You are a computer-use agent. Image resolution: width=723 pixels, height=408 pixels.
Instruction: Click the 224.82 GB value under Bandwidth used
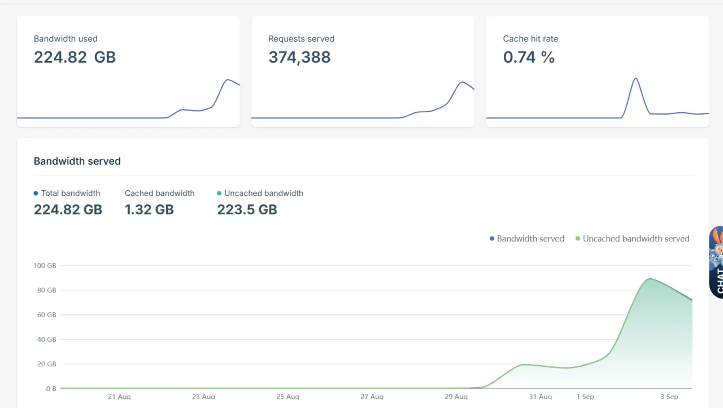pyautogui.click(x=75, y=57)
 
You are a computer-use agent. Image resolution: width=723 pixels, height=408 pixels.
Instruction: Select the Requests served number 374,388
pyautogui.click(x=299, y=58)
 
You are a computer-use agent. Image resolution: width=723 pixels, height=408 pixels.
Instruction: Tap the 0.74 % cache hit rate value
pyautogui.click(x=529, y=57)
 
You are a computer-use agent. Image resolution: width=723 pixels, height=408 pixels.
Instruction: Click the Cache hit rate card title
pyautogui.click(x=530, y=39)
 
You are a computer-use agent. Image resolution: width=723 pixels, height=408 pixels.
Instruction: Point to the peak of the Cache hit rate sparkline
pyautogui.click(x=635, y=78)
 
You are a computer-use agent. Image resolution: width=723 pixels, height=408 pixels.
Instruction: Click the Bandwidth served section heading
pyautogui.click(x=77, y=161)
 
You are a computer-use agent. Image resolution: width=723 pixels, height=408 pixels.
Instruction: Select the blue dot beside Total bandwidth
pyautogui.click(x=36, y=193)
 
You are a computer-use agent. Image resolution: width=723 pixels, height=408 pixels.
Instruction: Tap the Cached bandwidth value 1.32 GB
pyautogui.click(x=149, y=210)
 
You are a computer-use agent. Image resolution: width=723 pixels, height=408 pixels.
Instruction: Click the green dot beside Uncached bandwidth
pyautogui.click(x=219, y=193)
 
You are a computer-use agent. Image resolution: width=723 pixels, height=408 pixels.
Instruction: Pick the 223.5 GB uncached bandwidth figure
pyautogui.click(x=247, y=210)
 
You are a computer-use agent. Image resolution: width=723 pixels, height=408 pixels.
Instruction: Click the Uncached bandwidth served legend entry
pyautogui.click(x=632, y=239)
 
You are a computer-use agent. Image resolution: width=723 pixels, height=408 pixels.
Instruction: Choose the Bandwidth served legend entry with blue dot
pyautogui.click(x=527, y=239)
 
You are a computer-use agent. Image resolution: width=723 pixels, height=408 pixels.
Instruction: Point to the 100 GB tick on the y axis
pyautogui.click(x=45, y=265)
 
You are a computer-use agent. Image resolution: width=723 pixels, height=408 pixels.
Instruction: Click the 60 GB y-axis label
pyautogui.click(x=47, y=315)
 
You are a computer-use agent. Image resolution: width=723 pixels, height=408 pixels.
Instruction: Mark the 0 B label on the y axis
pyautogui.click(x=51, y=389)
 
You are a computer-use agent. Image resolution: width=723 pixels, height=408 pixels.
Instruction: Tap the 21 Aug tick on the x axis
pyautogui.click(x=119, y=397)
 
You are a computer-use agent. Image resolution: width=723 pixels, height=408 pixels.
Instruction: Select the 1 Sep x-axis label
pyautogui.click(x=585, y=397)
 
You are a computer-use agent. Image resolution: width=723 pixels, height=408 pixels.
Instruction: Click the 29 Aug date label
pyautogui.click(x=456, y=397)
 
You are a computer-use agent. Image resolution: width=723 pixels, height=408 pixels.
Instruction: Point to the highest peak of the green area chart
pyautogui.click(x=650, y=279)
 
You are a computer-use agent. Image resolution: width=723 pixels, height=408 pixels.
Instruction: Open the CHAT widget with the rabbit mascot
pyautogui.click(x=717, y=262)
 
